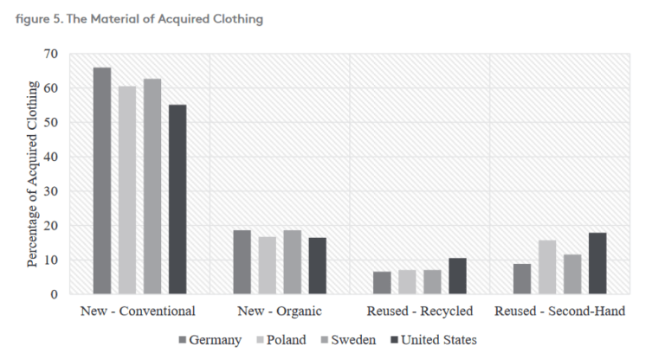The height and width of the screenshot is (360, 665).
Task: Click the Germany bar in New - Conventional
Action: pos(102,181)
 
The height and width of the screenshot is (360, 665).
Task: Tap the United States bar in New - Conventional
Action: pos(178,200)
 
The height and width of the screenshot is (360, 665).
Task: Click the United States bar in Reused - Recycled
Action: pos(458,276)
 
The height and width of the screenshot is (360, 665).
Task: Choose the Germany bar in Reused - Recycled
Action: pos(383,283)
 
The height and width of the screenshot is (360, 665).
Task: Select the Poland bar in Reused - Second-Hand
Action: pos(548,267)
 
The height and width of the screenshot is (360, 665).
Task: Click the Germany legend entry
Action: pos(212,339)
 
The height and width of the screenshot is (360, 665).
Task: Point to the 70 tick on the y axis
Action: pos(52,54)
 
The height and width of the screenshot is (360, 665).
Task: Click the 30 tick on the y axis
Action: pos(52,191)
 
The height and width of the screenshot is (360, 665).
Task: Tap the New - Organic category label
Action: pos(280,310)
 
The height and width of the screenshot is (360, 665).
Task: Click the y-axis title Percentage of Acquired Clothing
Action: pos(33,173)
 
